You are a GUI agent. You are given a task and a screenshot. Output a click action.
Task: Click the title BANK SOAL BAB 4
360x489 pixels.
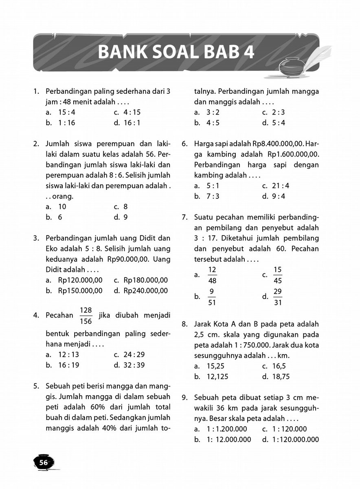point(176,52)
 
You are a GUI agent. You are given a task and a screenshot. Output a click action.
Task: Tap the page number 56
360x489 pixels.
point(43,462)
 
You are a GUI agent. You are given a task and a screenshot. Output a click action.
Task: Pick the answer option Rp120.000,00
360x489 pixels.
point(80,280)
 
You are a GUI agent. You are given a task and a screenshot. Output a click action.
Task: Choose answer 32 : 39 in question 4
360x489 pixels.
point(134,365)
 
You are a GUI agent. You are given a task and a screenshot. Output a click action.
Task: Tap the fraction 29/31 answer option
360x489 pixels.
point(278,297)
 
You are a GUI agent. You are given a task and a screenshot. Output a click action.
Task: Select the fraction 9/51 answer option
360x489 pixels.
point(212,297)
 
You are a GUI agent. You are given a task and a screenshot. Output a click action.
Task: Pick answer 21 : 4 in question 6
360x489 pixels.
point(281,186)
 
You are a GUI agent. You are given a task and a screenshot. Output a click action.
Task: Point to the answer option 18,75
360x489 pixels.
point(281,377)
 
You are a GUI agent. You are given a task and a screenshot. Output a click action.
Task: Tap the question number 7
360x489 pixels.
point(184,217)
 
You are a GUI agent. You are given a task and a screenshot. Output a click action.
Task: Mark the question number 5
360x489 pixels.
point(36,385)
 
